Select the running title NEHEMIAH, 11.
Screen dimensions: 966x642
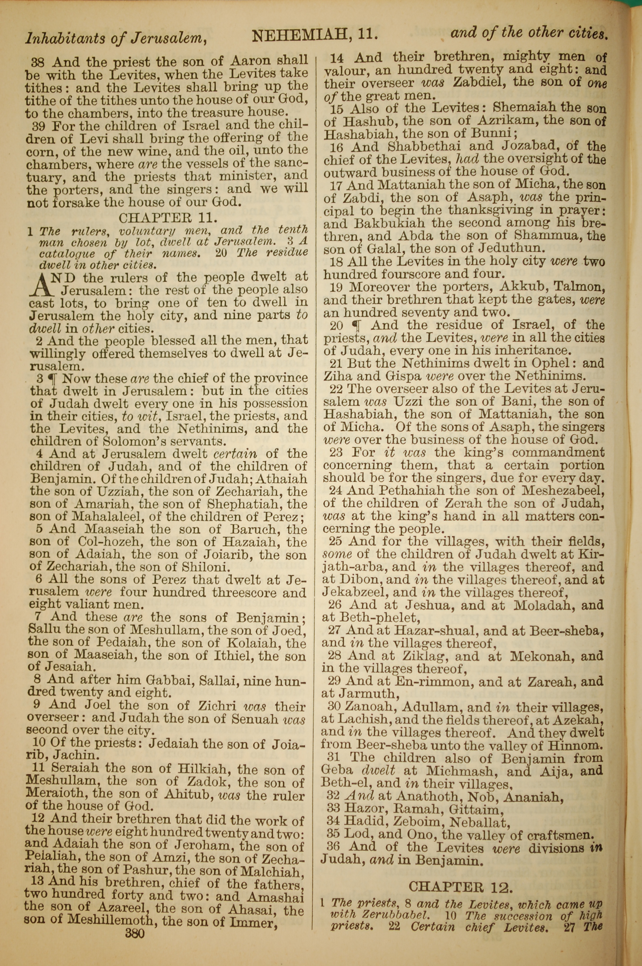click(314, 36)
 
